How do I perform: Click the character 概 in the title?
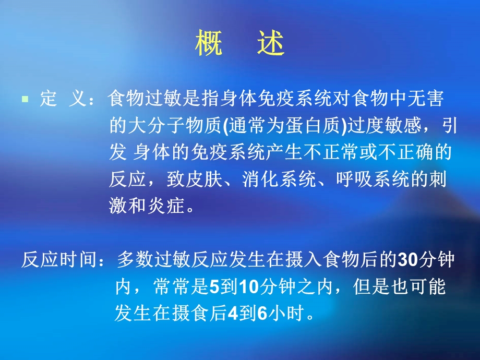[209, 44]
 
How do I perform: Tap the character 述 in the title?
[271, 44]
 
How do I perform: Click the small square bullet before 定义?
[25, 98]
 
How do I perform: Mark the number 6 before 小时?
[262, 314]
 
